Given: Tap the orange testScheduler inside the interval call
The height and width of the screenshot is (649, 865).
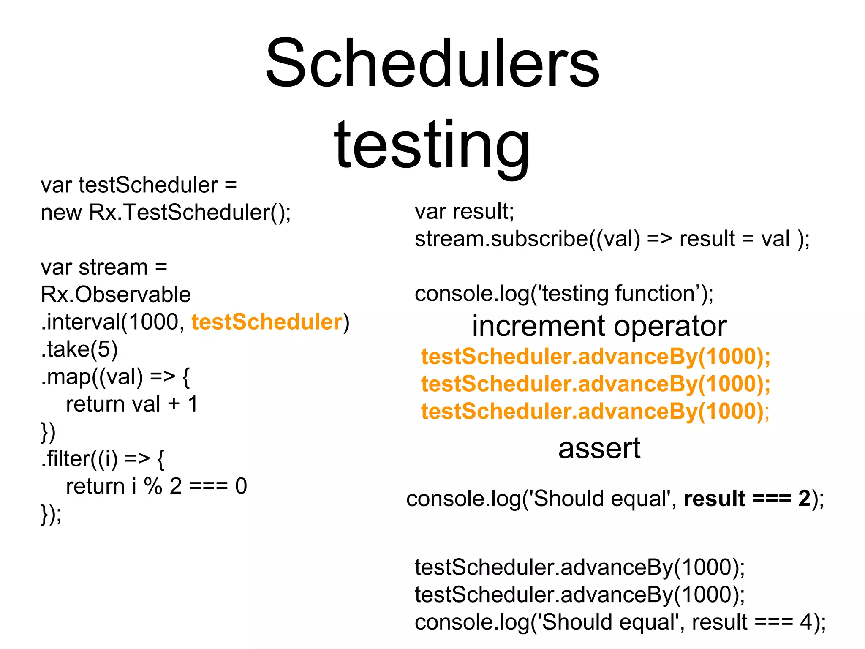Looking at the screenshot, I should point(267,322).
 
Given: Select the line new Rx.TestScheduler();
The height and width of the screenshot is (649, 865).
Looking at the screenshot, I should point(166,212).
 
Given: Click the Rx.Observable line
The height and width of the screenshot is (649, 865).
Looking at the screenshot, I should point(116,295).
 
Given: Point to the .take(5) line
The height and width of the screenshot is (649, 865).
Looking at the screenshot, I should point(79,349).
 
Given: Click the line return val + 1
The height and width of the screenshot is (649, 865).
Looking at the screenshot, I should point(132,404).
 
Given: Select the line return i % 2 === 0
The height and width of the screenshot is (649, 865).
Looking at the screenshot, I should point(156,486).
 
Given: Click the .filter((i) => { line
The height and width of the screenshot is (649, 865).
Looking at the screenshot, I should point(103,459).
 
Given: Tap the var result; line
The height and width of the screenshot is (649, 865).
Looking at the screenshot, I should point(464,211).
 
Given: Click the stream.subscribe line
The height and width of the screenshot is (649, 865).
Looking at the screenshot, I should point(612,239).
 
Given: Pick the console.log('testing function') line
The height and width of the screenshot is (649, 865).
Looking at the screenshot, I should point(564,294).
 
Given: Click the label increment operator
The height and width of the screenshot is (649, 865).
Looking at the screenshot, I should point(599,326).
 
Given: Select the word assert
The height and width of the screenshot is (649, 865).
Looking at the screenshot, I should point(599,448).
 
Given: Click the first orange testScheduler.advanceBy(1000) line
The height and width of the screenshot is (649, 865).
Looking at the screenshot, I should point(596,357).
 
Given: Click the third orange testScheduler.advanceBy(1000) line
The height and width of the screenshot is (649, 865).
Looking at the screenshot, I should point(596,412).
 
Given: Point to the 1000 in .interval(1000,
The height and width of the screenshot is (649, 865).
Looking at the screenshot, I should point(153,322).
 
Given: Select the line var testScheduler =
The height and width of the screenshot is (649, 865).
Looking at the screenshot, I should point(139,185).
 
